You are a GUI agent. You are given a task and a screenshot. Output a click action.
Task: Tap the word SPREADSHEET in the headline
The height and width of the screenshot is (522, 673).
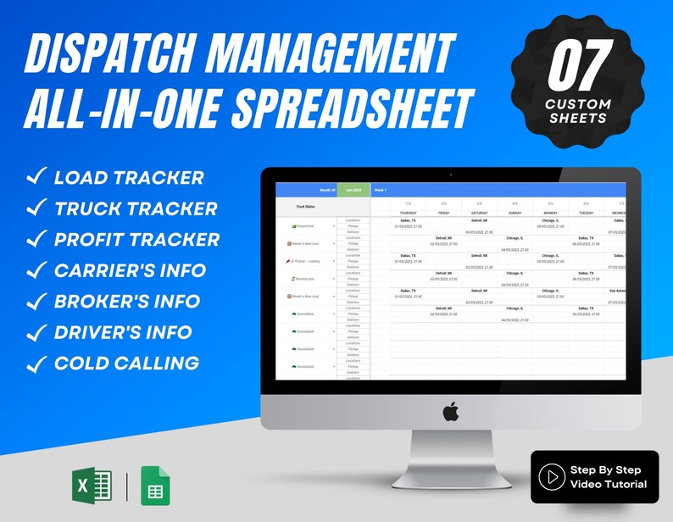tap(351, 108)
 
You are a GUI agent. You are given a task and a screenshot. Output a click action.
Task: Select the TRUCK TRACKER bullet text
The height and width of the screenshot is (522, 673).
tap(136, 208)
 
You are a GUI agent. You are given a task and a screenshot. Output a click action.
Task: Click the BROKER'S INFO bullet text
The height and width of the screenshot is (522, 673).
tap(127, 302)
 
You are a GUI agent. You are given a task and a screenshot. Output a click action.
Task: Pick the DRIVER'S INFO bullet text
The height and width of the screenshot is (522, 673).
tap(123, 332)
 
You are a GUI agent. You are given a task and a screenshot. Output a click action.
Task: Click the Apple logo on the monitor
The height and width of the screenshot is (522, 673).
tap(450, 412)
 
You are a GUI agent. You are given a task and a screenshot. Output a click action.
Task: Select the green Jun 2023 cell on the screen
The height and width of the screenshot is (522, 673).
tap(353, 191)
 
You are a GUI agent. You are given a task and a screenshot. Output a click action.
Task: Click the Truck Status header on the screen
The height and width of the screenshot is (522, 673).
tap(306, 206)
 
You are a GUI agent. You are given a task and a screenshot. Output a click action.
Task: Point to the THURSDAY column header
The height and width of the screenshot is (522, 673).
tap(408, 213)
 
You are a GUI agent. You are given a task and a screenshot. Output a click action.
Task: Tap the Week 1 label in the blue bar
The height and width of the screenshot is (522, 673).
tap(381, 191)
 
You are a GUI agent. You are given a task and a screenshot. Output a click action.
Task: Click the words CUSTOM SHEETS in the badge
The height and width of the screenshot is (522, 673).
tap(579, 111)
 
